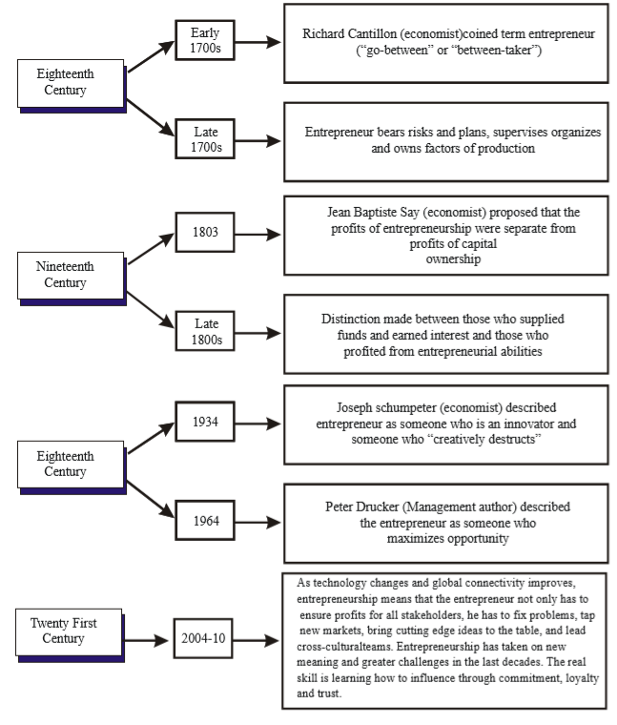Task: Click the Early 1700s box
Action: (205, 40)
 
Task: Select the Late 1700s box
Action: (205, 138)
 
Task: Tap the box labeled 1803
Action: (205, 232)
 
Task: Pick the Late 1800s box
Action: (205, 331)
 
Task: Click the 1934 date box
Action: (205, 422)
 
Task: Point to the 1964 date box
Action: (205, 520)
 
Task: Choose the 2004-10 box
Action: (203, 638)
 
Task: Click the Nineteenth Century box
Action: (72, 279)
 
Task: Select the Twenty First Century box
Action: (70, 635)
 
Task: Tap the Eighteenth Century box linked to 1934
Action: (72, 467)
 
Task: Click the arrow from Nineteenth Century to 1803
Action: (151, 249)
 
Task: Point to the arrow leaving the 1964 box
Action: (257, 523)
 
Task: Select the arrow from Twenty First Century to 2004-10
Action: (147, 640)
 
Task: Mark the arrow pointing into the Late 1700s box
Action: (151, 117)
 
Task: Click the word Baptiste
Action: (377, 212)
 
